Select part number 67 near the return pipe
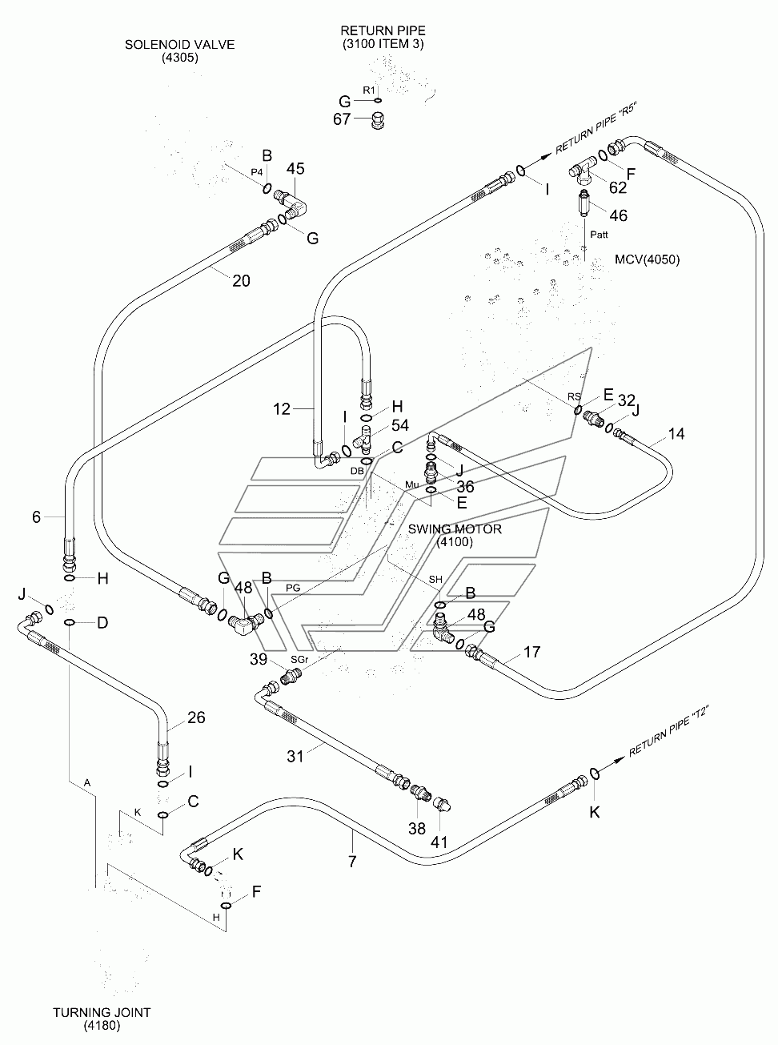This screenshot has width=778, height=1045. coord(342,119)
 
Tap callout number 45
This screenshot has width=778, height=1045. coord(295,169)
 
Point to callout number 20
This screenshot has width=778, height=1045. coord(241,280)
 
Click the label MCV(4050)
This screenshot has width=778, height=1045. coord(648,259)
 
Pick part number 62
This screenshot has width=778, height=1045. coord(618,188)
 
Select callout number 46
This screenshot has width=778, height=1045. coord(618,215)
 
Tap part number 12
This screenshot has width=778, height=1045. coord(282,409)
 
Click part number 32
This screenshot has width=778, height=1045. coord(627,400)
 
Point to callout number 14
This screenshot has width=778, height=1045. coord(676,434)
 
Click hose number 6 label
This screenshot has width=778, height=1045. coord(36,517)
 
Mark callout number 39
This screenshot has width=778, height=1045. coord(258,658)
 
